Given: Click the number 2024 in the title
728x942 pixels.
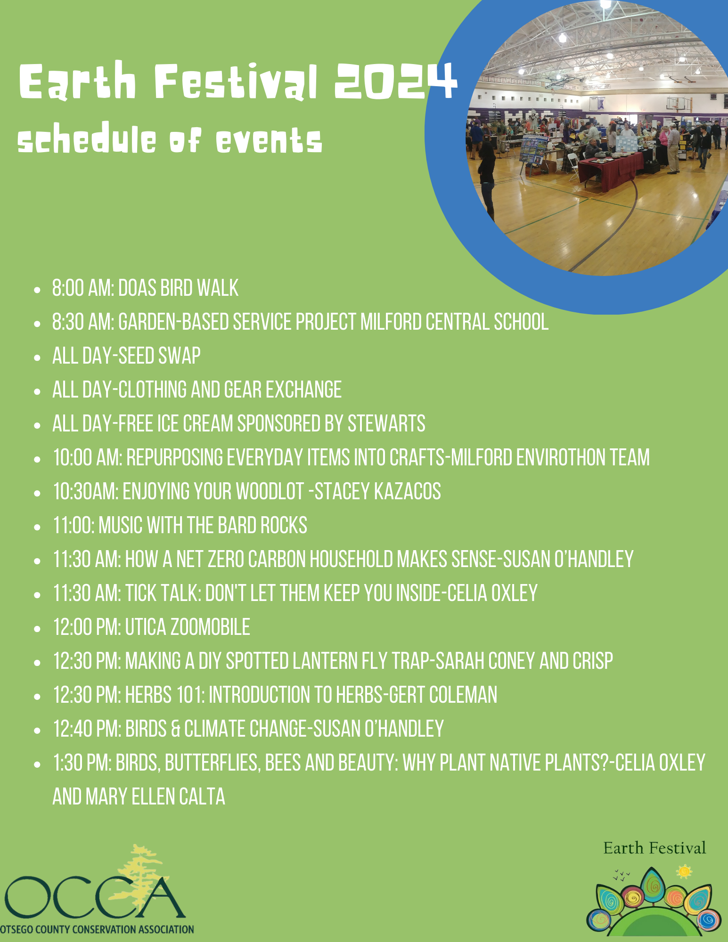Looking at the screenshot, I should point(395,81).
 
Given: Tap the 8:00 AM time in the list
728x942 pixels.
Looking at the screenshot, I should point(83,288).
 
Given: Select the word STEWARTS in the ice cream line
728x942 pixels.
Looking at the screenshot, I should point(386,424).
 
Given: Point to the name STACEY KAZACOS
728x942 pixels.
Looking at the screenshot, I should point(377,492).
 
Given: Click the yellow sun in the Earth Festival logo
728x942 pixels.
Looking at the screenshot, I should point(684,872).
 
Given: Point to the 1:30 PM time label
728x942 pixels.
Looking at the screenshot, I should point(82,763).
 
